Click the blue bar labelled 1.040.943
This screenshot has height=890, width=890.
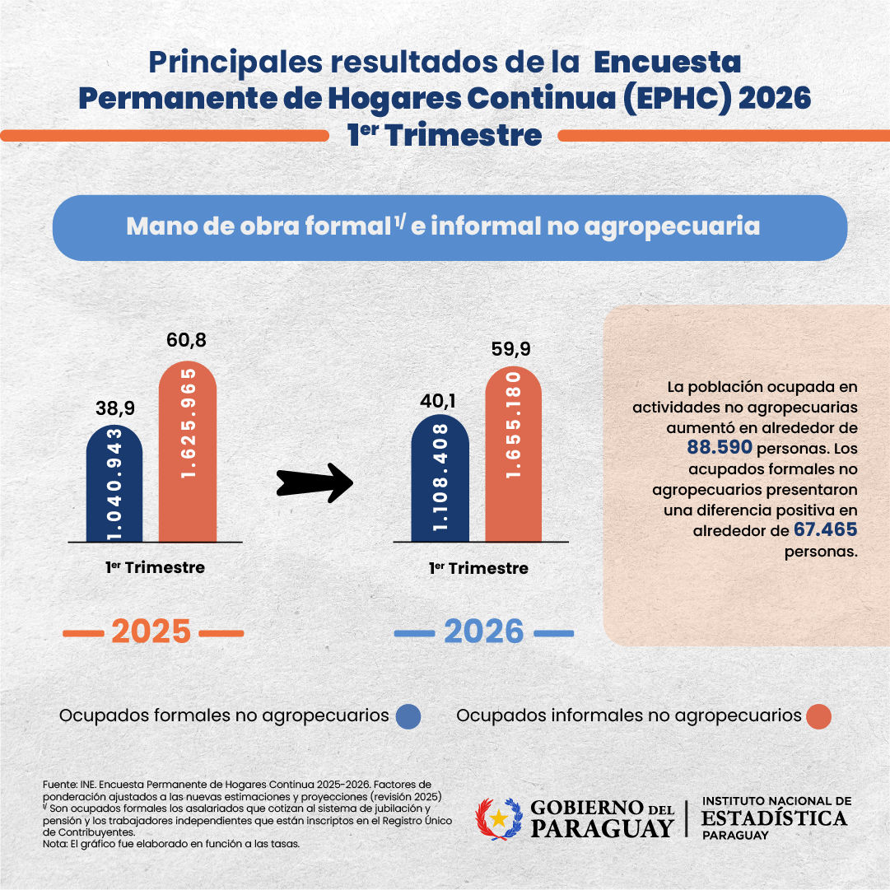click(x=114, y=484)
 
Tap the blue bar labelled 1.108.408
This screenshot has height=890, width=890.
click(x=440, y=478)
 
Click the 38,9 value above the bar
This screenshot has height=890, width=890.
click(x=114, y=408)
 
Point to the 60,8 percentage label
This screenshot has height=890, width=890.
click(x=188, y=341)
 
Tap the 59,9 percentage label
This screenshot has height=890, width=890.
click(x=513, y=348)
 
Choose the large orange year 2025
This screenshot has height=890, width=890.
click(x=151, y=632)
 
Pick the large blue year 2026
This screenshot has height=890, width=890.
click(x=484, y=632)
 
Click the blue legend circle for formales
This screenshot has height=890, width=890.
click(x=408, y=716)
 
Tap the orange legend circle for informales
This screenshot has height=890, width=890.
click(x=819, y=716)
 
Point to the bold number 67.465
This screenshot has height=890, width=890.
click(x=826, y=530)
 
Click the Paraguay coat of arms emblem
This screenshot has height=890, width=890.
click(x=499, y=818)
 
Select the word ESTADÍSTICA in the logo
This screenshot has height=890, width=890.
click(x=774, y=818)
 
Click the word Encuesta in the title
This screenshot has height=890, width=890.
click(x=668, y=62)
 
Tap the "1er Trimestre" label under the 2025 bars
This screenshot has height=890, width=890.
click(x=155, y=567)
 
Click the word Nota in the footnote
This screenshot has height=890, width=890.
click(x=54, y=844)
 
